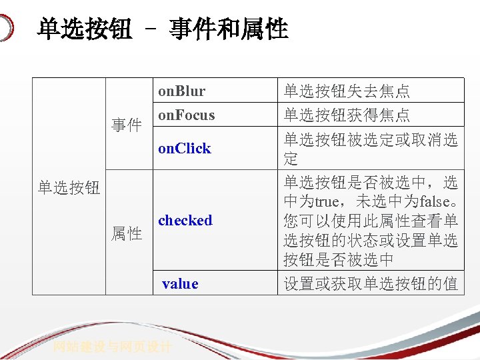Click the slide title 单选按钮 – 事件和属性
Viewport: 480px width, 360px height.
[163, 29]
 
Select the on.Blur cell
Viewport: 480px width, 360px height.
[181, 91]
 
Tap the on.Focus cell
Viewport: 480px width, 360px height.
[186, 115]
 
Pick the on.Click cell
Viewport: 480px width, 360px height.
[184, 148]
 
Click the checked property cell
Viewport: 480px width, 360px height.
[185, 220]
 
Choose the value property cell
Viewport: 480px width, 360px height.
[180, 283]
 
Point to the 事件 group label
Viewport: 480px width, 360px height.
[126, 125]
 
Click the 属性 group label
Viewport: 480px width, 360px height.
[126, 233]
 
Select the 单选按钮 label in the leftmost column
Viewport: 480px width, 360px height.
[69, 188]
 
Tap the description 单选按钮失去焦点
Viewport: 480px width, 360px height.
[347, 91]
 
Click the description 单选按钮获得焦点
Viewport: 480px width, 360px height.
[347, 115]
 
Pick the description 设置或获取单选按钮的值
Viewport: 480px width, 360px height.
[371, 283]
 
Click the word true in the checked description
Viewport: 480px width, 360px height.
[327, 201]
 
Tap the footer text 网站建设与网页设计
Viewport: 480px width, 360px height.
[113, 347]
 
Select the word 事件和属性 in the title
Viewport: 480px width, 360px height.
[228, 29]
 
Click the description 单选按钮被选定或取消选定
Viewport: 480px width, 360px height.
[371, 149]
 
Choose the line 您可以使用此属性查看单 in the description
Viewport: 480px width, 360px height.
[371, 221]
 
